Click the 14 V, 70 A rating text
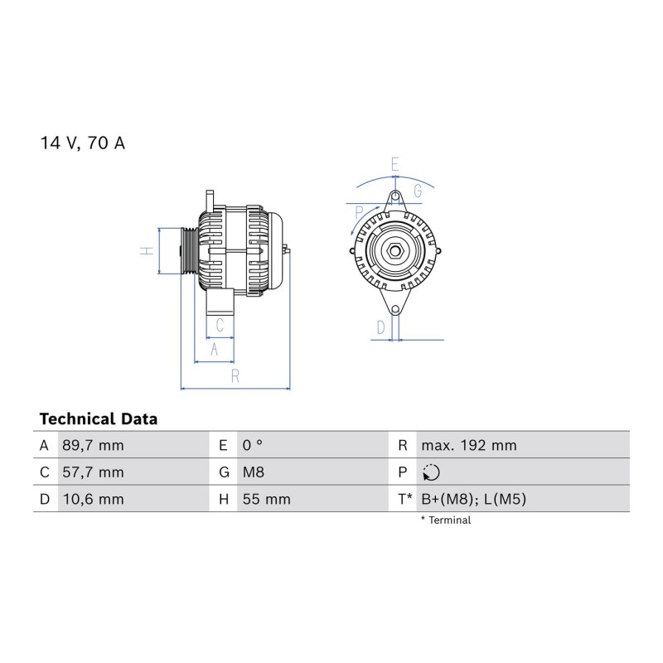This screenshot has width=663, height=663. (82, 143)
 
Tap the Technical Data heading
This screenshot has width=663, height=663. (99, 419)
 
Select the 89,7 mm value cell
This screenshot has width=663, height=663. (93, 445)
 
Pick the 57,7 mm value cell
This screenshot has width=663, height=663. (93, 472)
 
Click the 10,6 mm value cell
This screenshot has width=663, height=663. (93, 499)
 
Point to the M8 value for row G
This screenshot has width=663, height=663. (254, 472)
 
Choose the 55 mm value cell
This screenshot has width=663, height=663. (266, 499)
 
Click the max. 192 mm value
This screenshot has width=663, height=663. (469, 445)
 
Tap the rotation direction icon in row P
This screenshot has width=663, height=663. (431, 472)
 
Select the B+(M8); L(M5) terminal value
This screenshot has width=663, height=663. (473, 499)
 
